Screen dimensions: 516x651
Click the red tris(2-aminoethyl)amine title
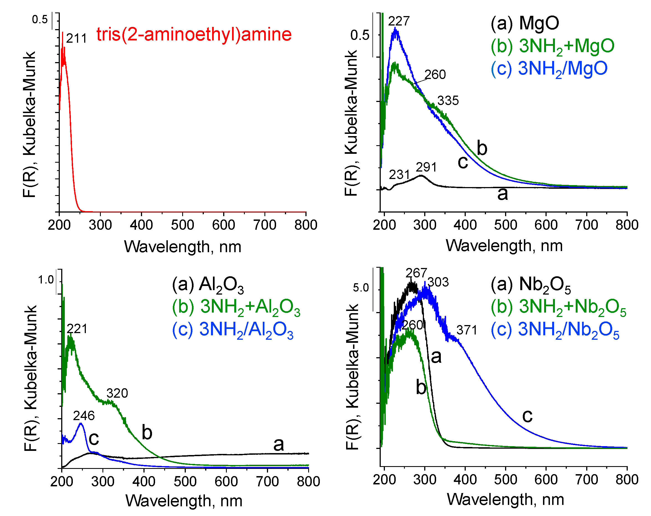click(x=194, y=34)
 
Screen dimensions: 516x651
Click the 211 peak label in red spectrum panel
click(x=76, y=39)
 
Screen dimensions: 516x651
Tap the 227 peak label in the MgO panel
click(x=399, y=21)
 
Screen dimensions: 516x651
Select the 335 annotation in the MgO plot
click(x=448, y=101)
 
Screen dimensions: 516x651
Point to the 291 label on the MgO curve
click(x=426, y=167)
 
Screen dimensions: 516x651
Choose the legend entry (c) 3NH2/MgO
click(x=549, y=68)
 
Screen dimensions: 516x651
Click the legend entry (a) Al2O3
click(x=208, y=285)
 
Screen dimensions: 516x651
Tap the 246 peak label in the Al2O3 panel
click(x=84, y=416)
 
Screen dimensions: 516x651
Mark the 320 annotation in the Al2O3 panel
click(x=117, y=393)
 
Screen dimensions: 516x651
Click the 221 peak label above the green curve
click(x=77, y=329)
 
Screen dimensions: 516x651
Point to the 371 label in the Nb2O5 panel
click(x=467, y=330)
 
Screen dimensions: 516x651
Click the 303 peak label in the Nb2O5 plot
click(x=438, y=282)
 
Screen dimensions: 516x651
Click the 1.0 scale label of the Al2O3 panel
click(x=46, y=280)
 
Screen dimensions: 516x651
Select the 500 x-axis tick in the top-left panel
click(x=182, y=225)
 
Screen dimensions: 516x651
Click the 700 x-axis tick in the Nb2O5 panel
click(x=586, y=480)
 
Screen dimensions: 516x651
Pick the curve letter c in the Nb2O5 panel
click(x=527, y=416)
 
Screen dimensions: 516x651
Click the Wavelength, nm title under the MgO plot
click(x=504, y=246)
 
